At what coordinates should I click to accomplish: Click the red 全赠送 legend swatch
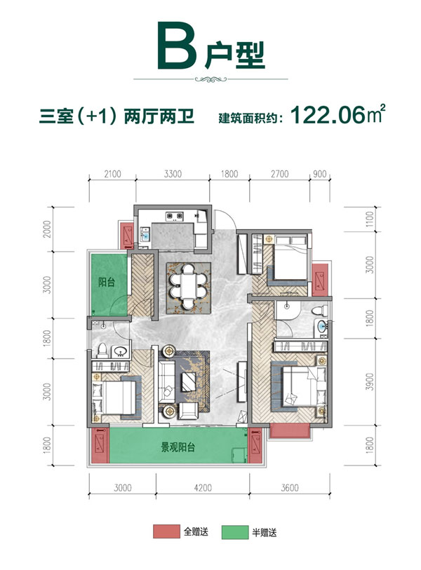(x=163, y=533)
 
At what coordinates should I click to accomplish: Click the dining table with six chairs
(x=187, y=288)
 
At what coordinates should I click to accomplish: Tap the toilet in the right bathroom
(x=319, y=311)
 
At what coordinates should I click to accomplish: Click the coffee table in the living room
(x=189, y=382)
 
